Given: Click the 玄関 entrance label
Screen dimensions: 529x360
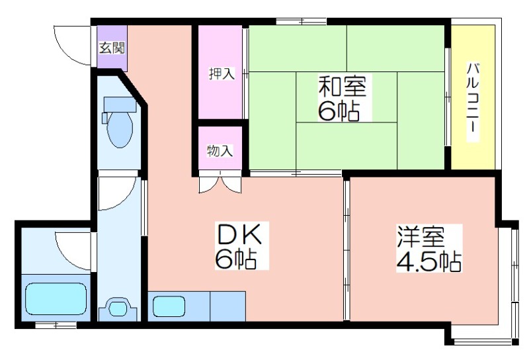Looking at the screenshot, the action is click(112, 48).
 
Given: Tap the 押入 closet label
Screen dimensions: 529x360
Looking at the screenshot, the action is click(222, 73).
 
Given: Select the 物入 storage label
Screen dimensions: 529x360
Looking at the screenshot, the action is click(220, 151).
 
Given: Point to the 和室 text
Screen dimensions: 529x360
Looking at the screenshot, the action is click(343, 86).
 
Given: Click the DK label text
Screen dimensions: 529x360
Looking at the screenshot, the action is click(239, 234).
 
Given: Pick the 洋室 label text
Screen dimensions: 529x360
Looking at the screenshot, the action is click(421, 238).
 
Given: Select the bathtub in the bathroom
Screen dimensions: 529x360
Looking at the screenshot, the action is click(56, 298).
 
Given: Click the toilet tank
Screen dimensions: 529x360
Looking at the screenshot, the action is click(120, 105).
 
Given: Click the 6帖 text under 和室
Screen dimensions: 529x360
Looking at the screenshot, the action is click(339, 111).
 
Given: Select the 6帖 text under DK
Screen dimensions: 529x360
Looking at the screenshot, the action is click(236, 259).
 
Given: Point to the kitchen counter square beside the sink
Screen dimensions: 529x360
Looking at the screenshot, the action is click(227, 306).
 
